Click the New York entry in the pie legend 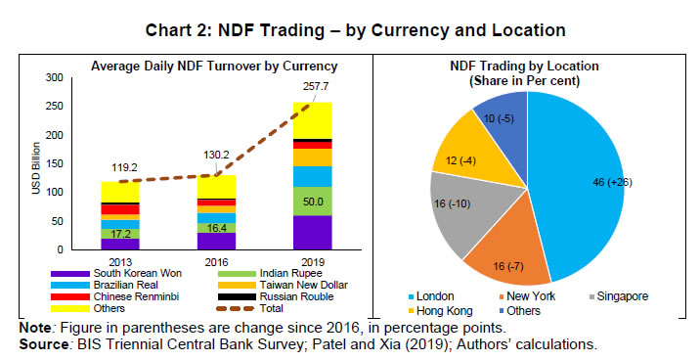(x=525, y=294)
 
